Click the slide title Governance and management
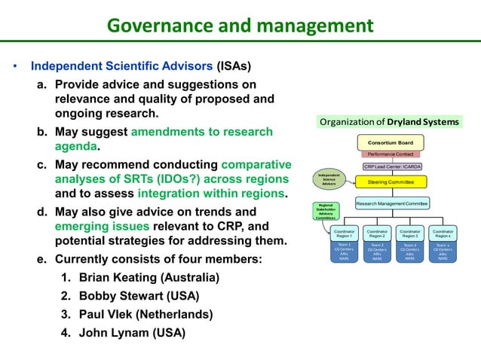point(240,26)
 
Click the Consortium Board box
point(391,142)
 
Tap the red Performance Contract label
point(391,154)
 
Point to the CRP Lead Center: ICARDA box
point(392,166)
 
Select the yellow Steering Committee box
point(391,182)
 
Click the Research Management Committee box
point(392,203)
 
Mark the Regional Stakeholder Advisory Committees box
point(326,212)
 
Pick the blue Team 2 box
point(377,252)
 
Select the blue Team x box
point(443,252)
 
